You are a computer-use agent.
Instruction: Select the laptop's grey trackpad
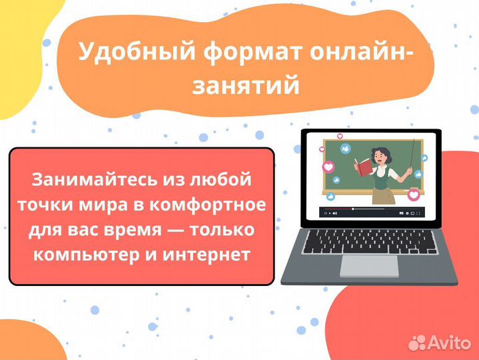pyautogui.click(x=369, y=265)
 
